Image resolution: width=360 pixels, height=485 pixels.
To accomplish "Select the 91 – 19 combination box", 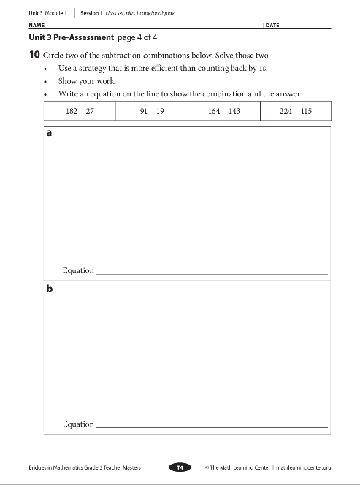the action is pyautogui.click(x=151, y=110).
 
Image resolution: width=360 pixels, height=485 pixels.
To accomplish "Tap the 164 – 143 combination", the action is pyautogui.click(x=223, y=110).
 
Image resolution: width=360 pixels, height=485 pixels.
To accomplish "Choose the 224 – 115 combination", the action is pyautogui.click(x=295, y=110).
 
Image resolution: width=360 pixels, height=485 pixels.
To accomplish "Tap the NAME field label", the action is pyautogui.click(x=36, y=25).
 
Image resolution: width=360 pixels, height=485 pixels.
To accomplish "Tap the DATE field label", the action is pyautogui.click(x=272, y=25).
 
